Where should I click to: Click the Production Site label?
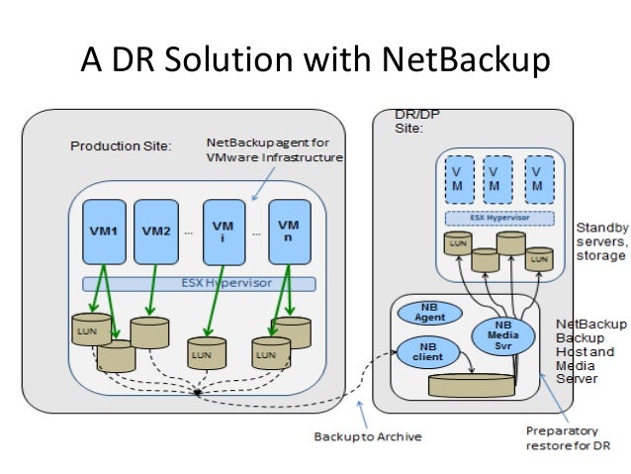121,146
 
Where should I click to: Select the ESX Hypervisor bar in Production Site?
198,284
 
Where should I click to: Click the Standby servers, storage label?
601,241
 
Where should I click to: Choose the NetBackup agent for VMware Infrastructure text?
274,149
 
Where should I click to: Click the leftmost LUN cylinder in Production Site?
91,328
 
